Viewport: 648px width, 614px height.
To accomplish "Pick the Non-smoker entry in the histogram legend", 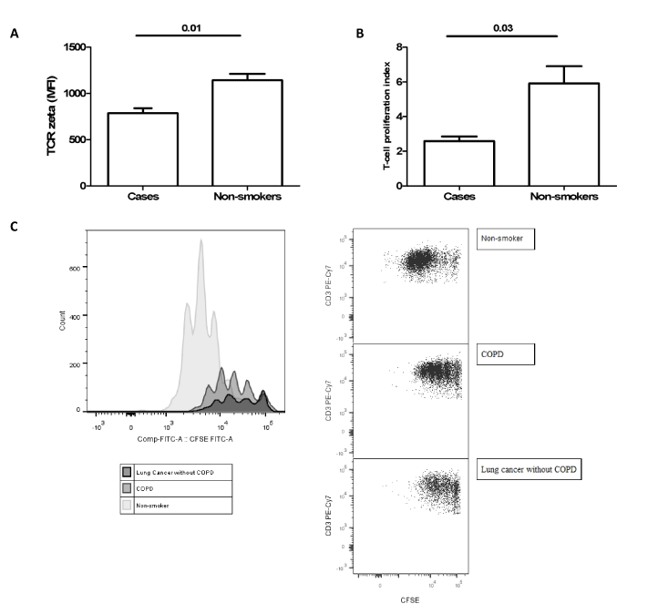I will (150, 505).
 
